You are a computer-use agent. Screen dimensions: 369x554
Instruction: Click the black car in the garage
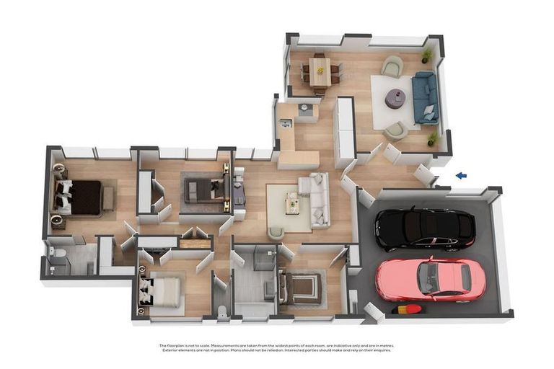click(x=424, y=230)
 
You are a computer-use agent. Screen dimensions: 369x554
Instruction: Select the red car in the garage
click(x=431, y=278)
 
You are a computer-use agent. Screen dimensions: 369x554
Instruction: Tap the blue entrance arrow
click(x=462, y=175)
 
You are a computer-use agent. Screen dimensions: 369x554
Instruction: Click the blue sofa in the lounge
click(x=424, y=97)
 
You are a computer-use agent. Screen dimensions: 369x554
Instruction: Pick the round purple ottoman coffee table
click(x=395, y=99)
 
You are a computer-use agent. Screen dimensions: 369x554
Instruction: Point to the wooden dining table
click(x=320, y=72)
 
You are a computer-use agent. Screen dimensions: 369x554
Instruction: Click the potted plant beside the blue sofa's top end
click(x=427, y=55)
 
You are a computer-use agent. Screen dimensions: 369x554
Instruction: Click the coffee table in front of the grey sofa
click(x=292, y=203)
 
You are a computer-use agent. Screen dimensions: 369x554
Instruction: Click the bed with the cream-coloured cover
click(x=162, y=292)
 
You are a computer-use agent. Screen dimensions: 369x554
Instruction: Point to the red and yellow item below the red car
click(x=408, y=311)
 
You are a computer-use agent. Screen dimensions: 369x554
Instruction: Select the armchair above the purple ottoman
click(x=392, y=66)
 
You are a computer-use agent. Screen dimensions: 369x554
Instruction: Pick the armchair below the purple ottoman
click(x=395, y=130)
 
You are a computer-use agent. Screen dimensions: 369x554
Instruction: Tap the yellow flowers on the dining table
click(x=320, y=70)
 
